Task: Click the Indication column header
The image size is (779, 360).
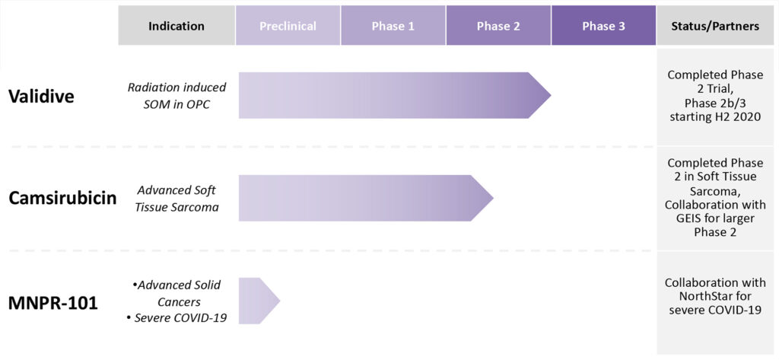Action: tap(176, 26)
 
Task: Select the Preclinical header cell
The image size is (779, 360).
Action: tap(288, 26)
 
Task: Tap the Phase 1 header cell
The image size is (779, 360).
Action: tap(393, 26)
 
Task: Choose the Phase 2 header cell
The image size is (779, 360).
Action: tap(498, 26)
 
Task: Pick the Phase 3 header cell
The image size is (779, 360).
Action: tap(603, 26)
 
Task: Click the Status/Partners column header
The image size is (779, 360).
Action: tap(715, 26)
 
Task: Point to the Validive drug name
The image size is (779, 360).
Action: tap(41, 96)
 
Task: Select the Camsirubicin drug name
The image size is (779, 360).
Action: tap(62, 199)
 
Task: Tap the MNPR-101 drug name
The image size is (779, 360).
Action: tap(53, 302)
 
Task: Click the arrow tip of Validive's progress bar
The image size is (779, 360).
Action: tap(551, 95)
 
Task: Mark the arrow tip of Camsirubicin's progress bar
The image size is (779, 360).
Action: tap(493, 198)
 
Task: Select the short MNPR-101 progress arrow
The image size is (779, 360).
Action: tap(259, 301)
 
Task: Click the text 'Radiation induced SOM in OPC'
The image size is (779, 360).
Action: tap(176, 95)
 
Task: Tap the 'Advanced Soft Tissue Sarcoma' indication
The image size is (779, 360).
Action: tap(177, 198)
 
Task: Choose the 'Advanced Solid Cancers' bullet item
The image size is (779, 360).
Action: tap(176, 293)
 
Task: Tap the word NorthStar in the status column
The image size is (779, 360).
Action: tap(715, 296)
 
